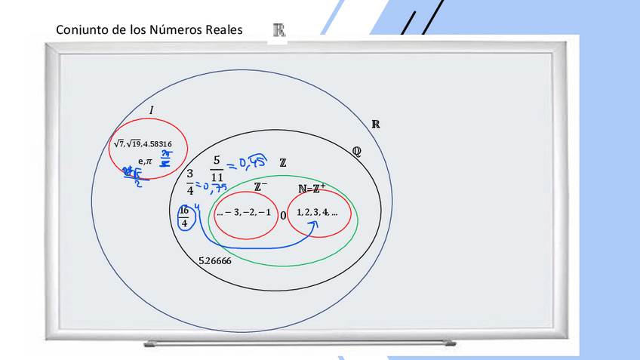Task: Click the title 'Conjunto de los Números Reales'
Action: pyautogui.click(x=149, y=30)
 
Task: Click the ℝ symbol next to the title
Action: pyautogui.click(x=278, y=30)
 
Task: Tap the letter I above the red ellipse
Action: pyautogui.click(x=151, y=111)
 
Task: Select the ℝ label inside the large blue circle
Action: pyautogui.click(x=375, y=125)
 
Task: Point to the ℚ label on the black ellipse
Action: pyautogui.click(x=356, y=151)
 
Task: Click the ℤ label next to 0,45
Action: pyautogui.click(x=282, y=162)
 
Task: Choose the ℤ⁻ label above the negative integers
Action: pyautogui.click(x=260, y=186)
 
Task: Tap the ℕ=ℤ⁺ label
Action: pyautogui.click(x=312, y=189)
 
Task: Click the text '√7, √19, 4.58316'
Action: pyautogui.click(x=143, y=144)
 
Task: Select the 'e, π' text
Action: pyautogui.click(x=145, y=160)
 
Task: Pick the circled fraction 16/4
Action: pyautogui.click(x=183, y=217)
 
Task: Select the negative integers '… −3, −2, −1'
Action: pyautogui.click(x=243, y=213)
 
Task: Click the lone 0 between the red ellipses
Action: pyautogui.click(x=283, y=215)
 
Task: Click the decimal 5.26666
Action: pyautogui.click(x=215, y=261)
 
